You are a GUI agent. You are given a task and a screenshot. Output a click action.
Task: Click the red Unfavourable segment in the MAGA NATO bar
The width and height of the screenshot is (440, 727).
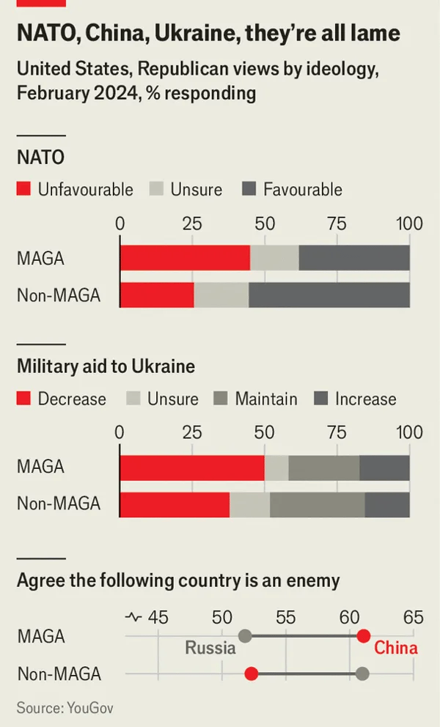185,258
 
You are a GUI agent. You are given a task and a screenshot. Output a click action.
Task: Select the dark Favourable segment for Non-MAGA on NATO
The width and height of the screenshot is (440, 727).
329,295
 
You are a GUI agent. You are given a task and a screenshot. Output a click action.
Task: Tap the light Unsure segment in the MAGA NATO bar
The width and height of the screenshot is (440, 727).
274,258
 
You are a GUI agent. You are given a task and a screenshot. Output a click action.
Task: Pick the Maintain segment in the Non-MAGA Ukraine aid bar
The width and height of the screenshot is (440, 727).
317,504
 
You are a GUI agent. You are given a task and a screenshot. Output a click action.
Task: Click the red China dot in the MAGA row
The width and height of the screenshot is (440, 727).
363,636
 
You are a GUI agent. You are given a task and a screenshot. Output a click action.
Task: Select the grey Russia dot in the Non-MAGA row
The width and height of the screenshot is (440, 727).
362,674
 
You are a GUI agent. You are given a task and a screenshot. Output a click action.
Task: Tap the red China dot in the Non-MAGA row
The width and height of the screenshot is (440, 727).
252,674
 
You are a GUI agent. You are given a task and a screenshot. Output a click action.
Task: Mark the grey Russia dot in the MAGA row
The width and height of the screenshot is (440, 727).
246,636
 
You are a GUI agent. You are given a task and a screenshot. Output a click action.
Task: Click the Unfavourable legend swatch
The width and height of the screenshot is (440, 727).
24,190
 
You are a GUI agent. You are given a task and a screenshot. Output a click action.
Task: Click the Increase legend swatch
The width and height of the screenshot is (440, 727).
321,399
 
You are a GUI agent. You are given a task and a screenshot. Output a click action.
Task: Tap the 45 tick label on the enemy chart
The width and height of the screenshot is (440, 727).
158,617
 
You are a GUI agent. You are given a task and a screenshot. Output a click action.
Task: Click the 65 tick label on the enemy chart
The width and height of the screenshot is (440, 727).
413,617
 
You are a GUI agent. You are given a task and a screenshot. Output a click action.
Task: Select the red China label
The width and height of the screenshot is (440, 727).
396,648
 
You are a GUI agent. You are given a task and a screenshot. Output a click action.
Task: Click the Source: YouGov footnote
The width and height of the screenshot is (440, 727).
65,708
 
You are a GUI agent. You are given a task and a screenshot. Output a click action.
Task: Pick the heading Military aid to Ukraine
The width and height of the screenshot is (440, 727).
106,366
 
